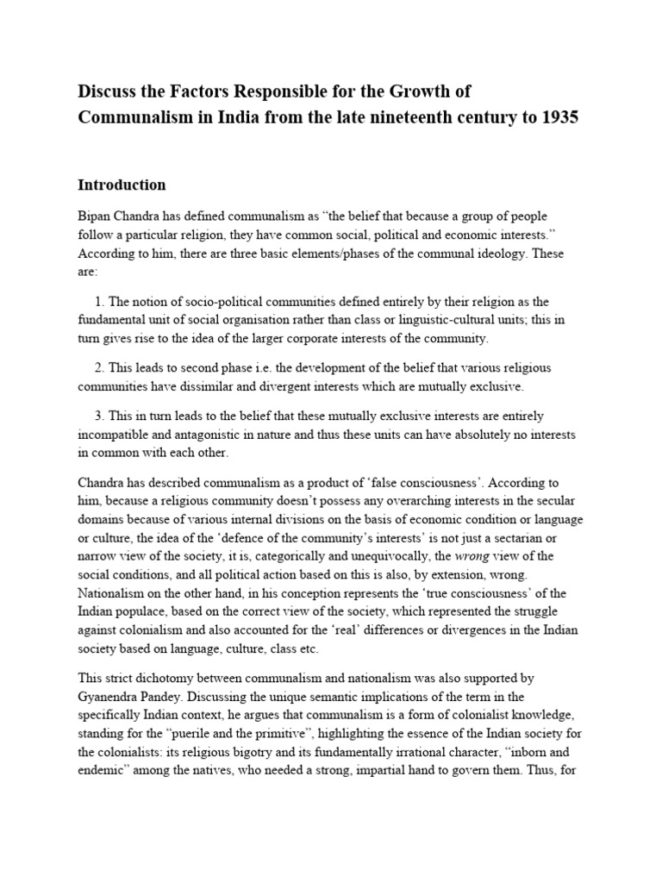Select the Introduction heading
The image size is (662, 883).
coord(122,185)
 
